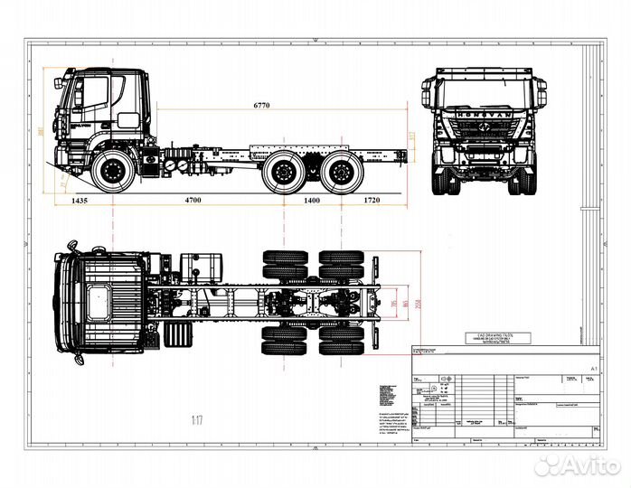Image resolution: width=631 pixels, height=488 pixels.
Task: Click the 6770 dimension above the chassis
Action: pos(261,106)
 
